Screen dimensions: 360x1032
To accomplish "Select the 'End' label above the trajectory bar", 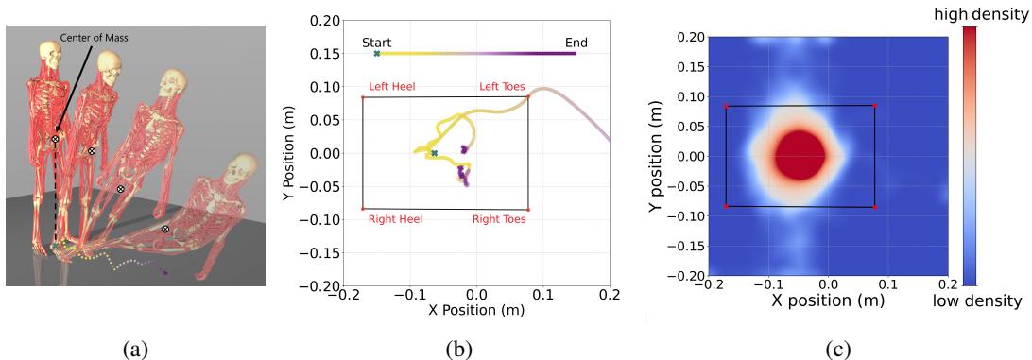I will [576, 42].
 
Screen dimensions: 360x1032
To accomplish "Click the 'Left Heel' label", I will [392, 87].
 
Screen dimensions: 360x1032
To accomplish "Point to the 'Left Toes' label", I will [502, 87].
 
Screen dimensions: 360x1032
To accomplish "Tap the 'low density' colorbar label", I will [984, 300].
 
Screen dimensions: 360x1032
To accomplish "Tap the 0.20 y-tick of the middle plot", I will [324, 19].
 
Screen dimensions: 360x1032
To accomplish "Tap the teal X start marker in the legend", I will [377, 54].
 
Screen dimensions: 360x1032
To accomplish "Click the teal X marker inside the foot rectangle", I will [435, 153].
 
